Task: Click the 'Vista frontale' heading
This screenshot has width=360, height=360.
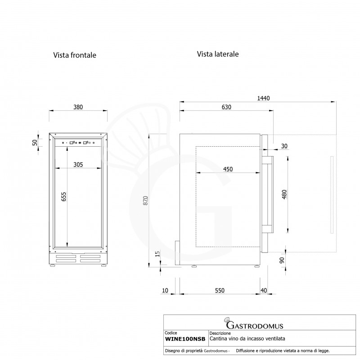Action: coord(75,55)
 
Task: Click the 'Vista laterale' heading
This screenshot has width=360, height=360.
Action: coord(217,54)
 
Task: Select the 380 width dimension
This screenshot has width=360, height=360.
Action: coord(78,107)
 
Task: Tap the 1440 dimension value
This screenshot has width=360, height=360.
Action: coord(263,99)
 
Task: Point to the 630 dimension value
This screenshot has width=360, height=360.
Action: coord(226,107)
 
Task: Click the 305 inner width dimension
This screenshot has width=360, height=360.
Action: coord(78,165)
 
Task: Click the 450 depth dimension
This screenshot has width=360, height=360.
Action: coord(228,169)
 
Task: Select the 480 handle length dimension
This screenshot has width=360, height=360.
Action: coord(284,194)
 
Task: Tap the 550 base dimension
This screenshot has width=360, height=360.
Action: coord(219,291)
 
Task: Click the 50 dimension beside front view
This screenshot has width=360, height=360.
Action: coord(34,142)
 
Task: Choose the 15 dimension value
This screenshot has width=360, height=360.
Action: coord(157,254)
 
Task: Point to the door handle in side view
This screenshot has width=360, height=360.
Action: coord(268,194)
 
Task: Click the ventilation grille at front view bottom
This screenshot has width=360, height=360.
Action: coord(78,260)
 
